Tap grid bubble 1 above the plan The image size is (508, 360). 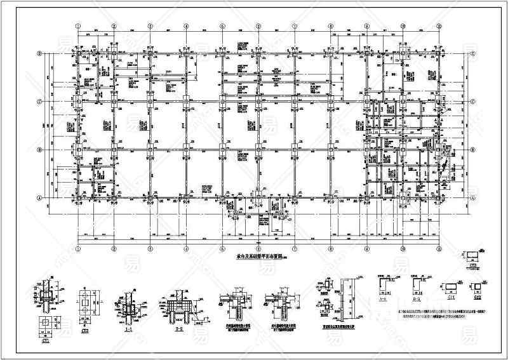[77, 26]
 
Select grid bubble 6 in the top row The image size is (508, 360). [259, 26]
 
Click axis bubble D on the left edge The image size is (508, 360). [39, 54]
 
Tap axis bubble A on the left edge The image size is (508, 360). [39, 197]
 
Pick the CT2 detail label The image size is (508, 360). [84, 330]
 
